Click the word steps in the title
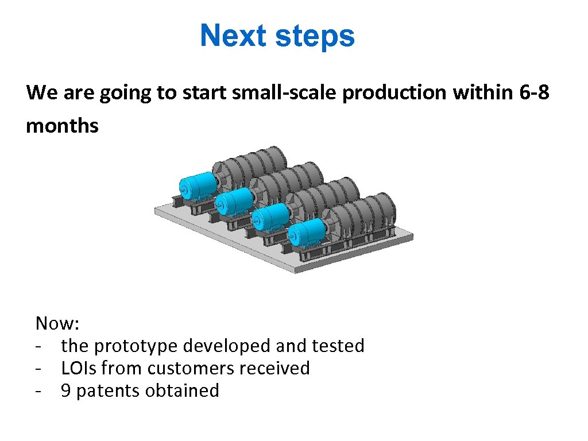click(x=315, y=37)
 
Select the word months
click(x=62, y=125)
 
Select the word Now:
click(x=57, y=323)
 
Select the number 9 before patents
click(x=66, y=390)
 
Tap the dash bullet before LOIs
click(x=38, y=369)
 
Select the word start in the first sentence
click(x=203, y=92)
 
